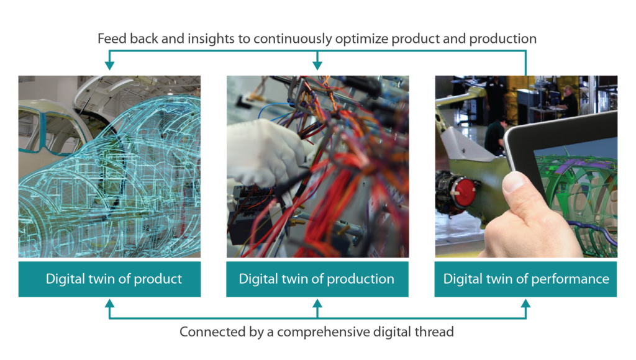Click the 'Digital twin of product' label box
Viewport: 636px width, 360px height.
click(x=109, y=279)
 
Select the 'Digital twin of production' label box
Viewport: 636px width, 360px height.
click(x=317, y=279)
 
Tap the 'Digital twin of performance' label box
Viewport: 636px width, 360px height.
click(x=525, y=279)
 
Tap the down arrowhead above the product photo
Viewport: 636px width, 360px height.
click(x=109, y=65)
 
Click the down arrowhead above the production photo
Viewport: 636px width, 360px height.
click(x=317, y=65)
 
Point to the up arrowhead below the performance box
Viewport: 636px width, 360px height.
click(x=525, y=304)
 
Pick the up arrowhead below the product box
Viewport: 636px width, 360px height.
click(x=109, y=304)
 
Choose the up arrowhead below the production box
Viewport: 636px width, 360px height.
click(x=317, y=304)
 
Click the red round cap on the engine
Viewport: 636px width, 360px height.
click(x=465, y=191)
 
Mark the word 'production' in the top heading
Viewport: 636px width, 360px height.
click(x=503, y=39)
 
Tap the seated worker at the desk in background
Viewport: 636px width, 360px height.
click(x=566, y=100)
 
